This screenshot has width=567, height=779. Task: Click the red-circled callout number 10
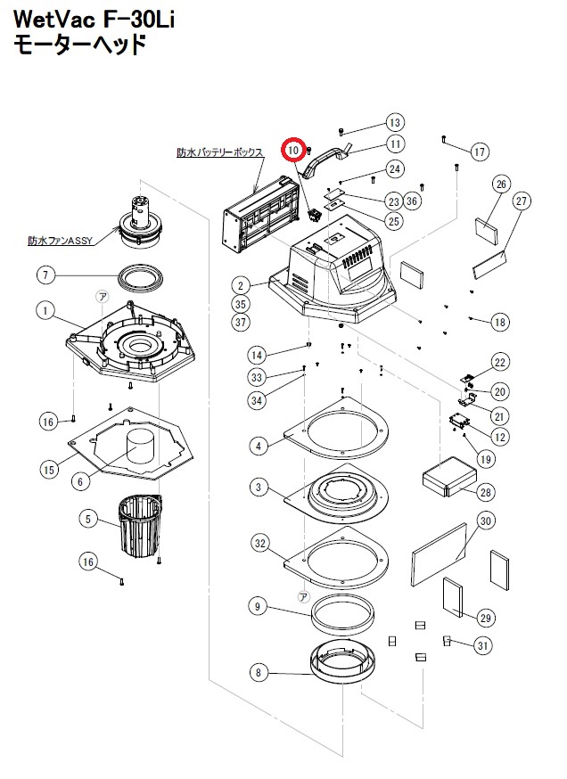point(292,151)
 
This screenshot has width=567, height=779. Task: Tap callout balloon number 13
point(396,123)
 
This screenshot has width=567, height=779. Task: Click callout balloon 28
point(486,492)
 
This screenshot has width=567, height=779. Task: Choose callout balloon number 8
point(259,673)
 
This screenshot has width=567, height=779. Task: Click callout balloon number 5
point(87,518)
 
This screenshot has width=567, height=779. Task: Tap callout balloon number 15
point(49,468)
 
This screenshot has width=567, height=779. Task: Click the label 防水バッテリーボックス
point(220,153)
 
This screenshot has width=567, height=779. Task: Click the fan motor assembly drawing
point(138,223)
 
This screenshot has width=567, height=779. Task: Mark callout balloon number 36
point(411,201)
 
